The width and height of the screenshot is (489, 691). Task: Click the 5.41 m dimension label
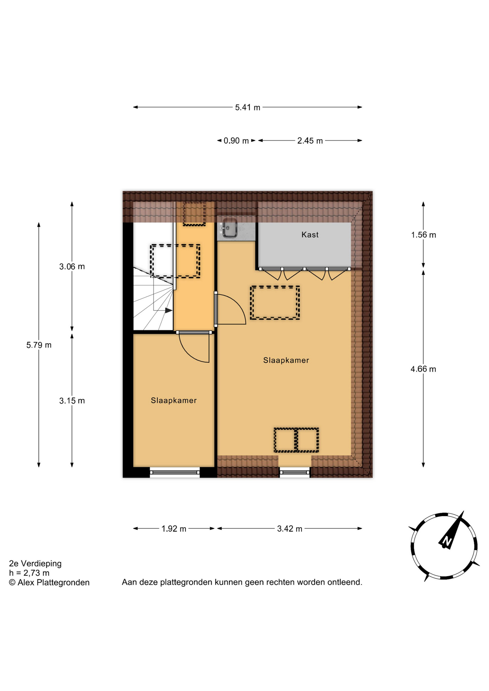(247, 107)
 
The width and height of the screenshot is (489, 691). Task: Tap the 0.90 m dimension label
(236, 141)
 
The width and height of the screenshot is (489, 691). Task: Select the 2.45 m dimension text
(310, 141)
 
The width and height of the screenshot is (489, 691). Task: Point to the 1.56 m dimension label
(423, 235)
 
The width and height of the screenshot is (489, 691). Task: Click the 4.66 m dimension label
(423, 369)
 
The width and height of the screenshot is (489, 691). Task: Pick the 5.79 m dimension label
(39, 345)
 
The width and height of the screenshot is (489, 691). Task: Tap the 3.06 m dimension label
(72, 267)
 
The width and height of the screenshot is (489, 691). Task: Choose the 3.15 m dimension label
(72, 401)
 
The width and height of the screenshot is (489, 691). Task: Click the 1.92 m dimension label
(174, 529)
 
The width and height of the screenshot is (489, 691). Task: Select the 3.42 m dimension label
(290, 529)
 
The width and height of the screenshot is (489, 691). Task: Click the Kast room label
(310, 235)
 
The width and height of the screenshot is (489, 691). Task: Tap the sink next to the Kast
(229, 229)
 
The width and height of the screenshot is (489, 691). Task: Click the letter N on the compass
(447, 541)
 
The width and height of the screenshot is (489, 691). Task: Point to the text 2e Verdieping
(35, 564)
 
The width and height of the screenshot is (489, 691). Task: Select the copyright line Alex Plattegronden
(49, 582)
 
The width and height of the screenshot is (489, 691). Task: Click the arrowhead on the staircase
(169, 310)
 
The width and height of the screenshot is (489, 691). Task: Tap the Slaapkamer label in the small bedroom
(174, 401)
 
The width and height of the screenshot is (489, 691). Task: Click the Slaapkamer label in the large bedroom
(286, 360)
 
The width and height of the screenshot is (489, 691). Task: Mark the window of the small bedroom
(175, 472)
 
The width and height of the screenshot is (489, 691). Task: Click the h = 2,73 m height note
(29, 573)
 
